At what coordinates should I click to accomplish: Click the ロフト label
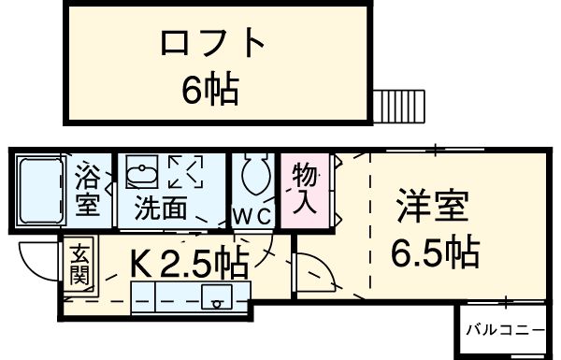(214, 44)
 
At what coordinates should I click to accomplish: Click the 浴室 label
(87, 189)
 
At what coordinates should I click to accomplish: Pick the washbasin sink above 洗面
(142, 175)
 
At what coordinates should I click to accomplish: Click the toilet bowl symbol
(252, 174)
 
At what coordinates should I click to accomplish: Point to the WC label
(252, 216)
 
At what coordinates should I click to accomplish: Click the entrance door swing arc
(37, 264)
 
